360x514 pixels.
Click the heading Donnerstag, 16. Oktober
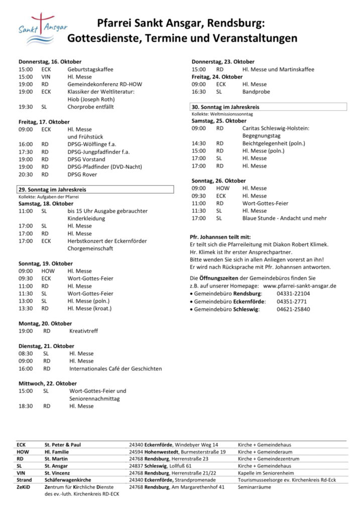tap(50, 61)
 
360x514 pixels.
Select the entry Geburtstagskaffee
tap(90, 69)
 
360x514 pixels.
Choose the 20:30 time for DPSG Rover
tap(26, 174)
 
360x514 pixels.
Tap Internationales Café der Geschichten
tap(115, 368)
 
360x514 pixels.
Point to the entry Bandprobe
tap(256, 92)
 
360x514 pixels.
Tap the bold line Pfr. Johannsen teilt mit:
tap(220, 237)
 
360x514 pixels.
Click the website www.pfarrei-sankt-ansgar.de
tap(300, 285)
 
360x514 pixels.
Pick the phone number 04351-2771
tap(291, 301)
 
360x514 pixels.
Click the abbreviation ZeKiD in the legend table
tap(23, 487)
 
